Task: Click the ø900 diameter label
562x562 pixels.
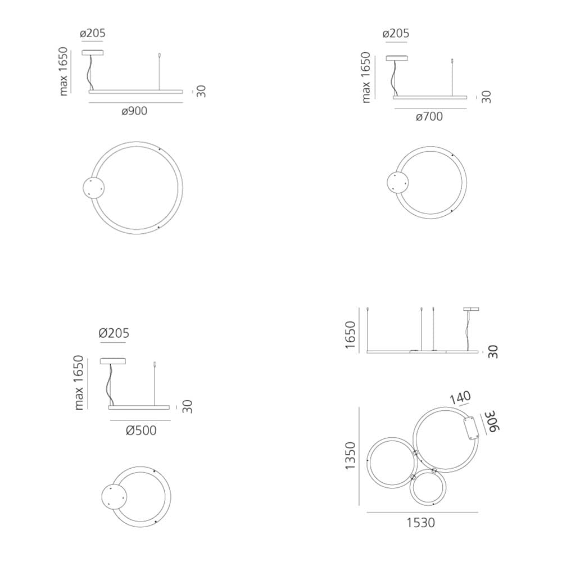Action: [134, 111]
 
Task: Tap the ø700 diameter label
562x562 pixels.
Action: [429, 116]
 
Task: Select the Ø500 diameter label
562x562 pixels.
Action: [141, 430]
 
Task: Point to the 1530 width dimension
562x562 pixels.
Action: [421, 523]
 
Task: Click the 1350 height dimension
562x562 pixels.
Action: [350, 455]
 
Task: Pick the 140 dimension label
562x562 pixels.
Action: [460, 397]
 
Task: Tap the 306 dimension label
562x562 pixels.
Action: [492, 422]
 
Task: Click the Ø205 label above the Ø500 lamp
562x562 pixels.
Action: [114, 333]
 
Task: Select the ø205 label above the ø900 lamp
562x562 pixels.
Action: [93, 33]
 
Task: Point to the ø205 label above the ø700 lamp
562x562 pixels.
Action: [396, 33]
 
